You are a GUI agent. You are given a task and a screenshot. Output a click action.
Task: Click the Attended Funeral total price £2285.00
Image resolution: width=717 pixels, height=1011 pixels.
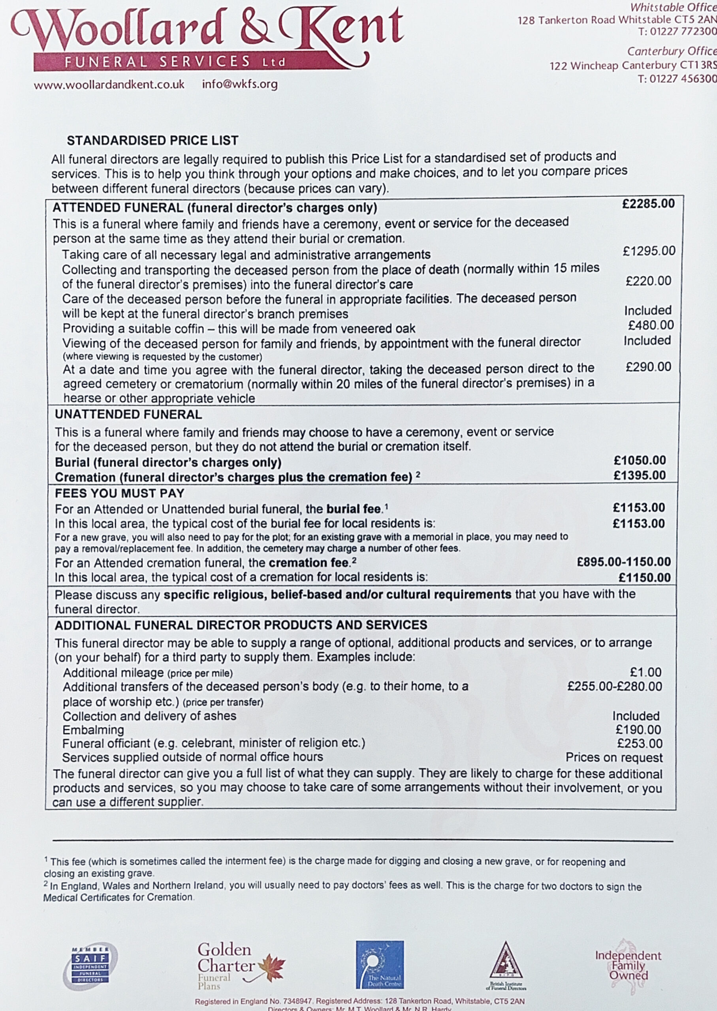pos(648,204)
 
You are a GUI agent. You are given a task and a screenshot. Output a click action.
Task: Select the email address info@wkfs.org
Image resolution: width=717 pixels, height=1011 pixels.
pos(240,84)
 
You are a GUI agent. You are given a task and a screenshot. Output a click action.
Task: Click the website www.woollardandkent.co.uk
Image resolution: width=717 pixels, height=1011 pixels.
pos(109,85)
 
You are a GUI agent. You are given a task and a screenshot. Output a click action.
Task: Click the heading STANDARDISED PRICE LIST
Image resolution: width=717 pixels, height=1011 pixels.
pos(152,140)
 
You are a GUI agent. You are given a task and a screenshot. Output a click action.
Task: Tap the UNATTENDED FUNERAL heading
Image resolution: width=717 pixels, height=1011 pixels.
pos(128,414)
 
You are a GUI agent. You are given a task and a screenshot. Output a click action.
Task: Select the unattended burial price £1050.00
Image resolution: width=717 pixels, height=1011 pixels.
pos(639,460)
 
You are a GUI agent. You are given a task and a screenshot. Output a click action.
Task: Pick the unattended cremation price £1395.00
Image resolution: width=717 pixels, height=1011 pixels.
pos(639,475)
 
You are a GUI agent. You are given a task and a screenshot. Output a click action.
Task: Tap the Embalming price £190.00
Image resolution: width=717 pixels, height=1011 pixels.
pos(638,729)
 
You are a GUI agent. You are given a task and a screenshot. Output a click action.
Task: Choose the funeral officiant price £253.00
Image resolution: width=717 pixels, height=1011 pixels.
pos(639,744)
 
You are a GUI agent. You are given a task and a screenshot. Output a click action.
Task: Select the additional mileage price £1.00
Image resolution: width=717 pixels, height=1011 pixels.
pos(645,672)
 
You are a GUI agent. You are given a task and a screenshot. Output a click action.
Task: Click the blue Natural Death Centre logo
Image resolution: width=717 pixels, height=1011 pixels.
pos(380,965)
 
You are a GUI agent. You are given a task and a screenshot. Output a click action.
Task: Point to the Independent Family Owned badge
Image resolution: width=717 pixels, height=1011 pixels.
pos(628,966)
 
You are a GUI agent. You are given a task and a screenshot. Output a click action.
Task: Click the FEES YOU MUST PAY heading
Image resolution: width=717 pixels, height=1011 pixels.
pos(119,493)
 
